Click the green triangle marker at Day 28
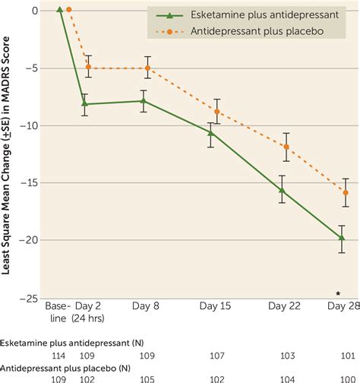(x=342, y=237)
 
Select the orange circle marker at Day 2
(x=89, y=67)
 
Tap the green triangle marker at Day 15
(x=210, y=132)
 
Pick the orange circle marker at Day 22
(x=286, y=147)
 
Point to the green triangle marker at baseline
(x=60, y=10)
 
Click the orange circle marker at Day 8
(x=147, y=68)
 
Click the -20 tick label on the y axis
(x=32, y=240)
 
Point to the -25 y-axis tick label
(x=32, y=298)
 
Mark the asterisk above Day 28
(x=338, y=293)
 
